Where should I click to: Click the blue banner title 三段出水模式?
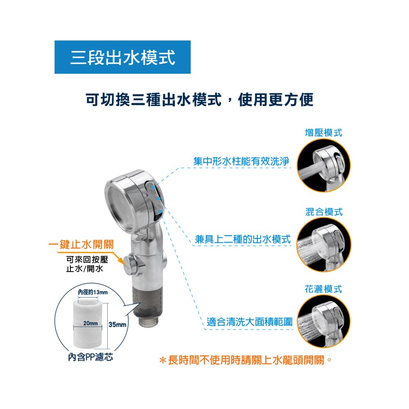(x=123, y=57)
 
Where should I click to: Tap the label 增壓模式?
(x=324, y=133)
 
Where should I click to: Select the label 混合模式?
(x=324, y=212)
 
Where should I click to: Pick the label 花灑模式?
(x=324, y=289)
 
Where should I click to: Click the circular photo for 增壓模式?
(x=324, y=165)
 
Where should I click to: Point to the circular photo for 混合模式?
(x=324, y=245)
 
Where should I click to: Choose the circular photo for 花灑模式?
(x=324, y=321)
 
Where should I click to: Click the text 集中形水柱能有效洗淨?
(x=241, y=161)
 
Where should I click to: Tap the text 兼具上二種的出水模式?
(x=243, y=239)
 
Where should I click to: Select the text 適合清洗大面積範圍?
(x=249, y=321)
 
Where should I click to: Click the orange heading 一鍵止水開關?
(x=81, y=245)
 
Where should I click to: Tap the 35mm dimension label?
(x=117, y=324)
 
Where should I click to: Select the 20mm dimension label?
(x=90, y=323)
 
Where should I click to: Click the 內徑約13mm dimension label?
(x=93, y=292)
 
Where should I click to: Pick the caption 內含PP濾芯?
(x=90, y=357)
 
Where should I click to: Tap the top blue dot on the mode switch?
(x=153, y=187)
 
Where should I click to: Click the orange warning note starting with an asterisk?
(x=245, y=360)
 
